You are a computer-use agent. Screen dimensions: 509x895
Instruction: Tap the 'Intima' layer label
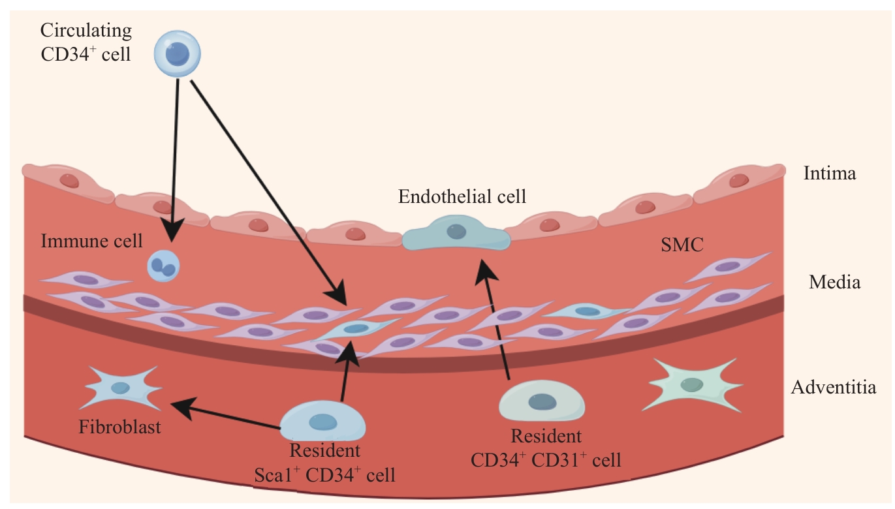[829, 174]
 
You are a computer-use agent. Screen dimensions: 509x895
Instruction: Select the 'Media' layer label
[834, 282]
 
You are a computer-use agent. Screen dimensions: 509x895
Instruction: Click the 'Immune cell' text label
[91, 241]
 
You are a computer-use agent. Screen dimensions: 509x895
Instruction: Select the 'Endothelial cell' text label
[462, 196]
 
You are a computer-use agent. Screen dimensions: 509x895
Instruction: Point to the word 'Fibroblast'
[119, 428]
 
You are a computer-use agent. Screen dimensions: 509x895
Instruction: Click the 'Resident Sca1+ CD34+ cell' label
[324, 463]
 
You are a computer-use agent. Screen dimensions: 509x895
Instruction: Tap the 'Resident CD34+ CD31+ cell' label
[546, 448]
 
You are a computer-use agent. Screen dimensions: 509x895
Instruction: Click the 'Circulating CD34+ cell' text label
[86, 41]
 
